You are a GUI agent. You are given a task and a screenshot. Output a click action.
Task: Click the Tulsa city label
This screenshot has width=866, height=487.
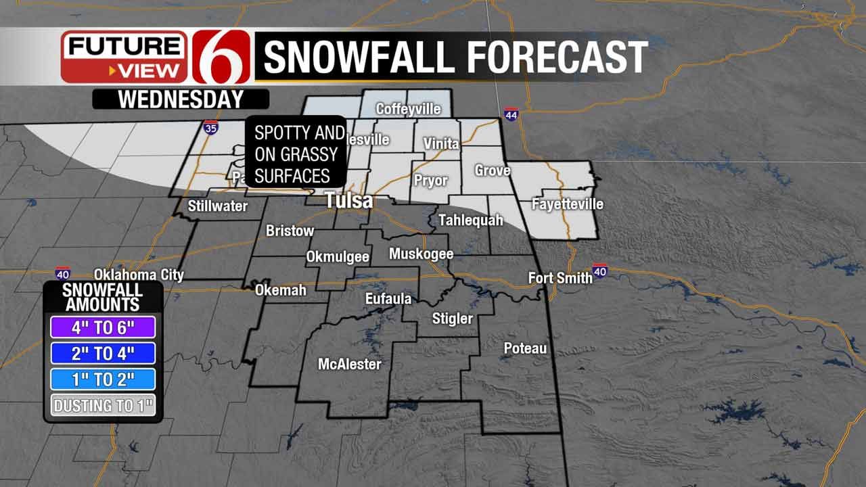[x=348, y=200]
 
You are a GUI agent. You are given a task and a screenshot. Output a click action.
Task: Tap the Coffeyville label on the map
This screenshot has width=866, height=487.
[x=408, y=109]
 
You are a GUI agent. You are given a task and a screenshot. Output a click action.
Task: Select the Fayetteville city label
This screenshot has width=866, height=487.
[x=568, y=204]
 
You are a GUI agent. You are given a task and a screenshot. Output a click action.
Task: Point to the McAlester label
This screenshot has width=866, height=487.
[x=350, y=364]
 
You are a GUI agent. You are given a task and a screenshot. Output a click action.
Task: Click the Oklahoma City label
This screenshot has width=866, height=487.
[x=139, y=275]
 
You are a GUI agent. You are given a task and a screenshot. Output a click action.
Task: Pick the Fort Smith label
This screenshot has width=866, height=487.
[x=560, y=277]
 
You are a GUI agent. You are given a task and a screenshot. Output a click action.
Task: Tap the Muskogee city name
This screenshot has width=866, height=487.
[x=421, y=254]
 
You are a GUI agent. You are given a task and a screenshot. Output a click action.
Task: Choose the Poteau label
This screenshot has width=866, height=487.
[x=525, y=348]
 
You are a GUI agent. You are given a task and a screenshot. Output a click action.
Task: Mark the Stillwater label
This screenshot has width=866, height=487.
[x=218, y=206]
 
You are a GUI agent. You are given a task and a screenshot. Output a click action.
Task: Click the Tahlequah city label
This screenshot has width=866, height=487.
[x=471, y=220]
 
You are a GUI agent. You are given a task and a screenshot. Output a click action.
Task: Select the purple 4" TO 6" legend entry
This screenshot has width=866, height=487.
[x=103, y=327]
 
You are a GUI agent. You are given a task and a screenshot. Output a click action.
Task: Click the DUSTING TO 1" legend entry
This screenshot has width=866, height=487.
[x=103, y=406]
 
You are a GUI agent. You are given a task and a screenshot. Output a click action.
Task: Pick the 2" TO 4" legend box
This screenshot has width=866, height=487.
[x=103, y=353]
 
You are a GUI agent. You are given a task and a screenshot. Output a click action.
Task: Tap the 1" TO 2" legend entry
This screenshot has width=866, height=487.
[x=103, y=379]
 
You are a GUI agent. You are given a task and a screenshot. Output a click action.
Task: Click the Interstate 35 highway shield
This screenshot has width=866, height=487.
[x=210, y=127]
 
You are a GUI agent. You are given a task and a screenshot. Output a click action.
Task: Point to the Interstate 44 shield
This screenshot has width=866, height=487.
[x=511, y=115]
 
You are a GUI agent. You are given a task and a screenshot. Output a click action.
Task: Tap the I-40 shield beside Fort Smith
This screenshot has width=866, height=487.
[x=599, y=271]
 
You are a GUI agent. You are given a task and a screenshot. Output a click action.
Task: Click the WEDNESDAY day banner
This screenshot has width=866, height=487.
[x=181, y=99]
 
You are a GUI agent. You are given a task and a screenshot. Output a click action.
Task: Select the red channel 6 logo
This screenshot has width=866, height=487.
[x=219, y=56]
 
